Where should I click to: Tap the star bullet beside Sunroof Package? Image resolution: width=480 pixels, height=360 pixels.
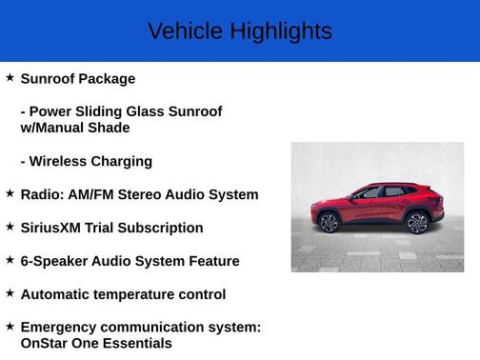click(x=10, y=77)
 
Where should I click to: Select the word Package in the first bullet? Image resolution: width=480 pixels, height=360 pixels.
click(x=105, y=79)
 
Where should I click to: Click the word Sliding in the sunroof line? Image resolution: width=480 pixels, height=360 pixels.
click(x=102, y=111)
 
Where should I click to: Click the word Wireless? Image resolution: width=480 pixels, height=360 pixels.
click(x=58, y=161)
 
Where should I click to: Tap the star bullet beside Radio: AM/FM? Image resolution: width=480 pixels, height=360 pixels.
click(x=10, y=193)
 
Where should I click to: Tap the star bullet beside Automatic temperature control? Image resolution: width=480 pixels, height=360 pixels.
click(x=10, y=293)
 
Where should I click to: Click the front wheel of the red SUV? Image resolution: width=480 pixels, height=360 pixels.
click(x=329, y=223)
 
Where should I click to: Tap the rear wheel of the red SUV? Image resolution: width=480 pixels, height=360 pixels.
click(x=417, y=223)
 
